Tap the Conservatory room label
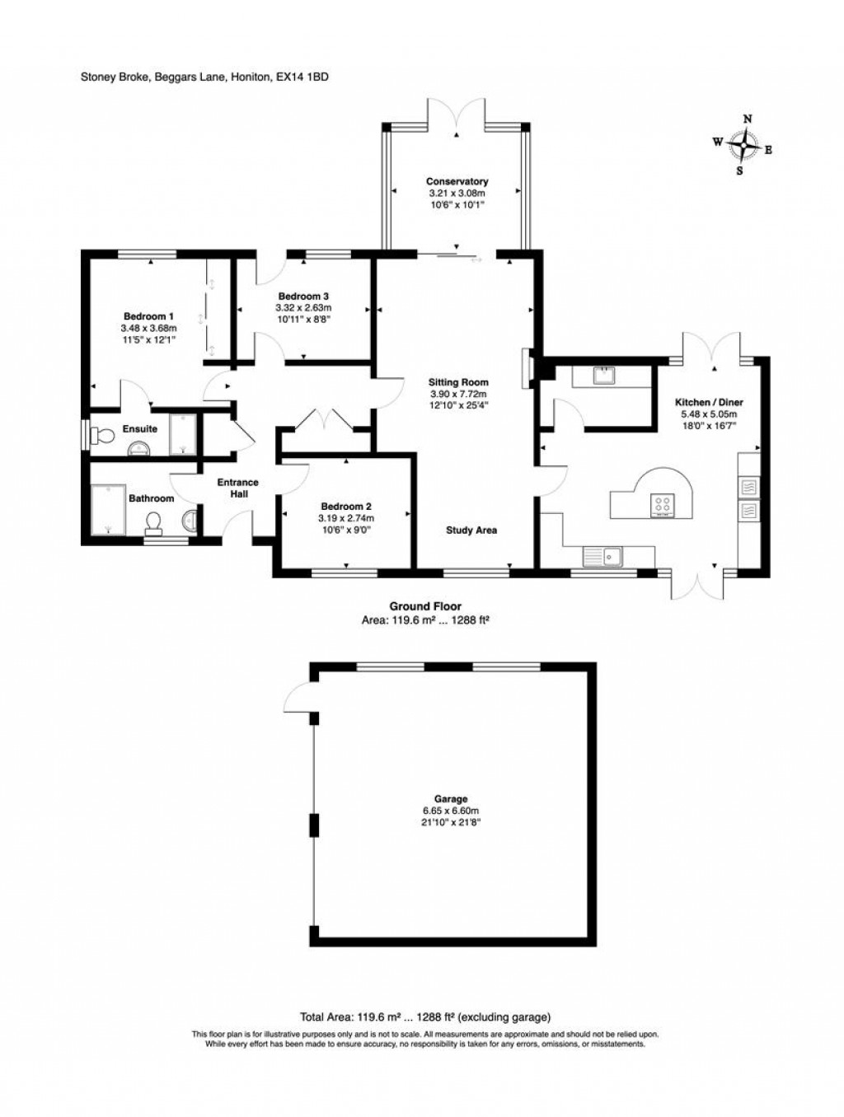pyautogui.click(x=457, y=181)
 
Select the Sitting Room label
pyautogui.click(x=458, y=382)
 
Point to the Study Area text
pyautogui.click(x=471, y=530)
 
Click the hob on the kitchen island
pyautogui.click(x=663, y=505)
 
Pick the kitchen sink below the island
pyautogui.click(x=604, y=557)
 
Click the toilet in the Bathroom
pyautogui.click(x=154, y=522)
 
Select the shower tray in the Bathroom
pyautogui.click(x=108, y=509)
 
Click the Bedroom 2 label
pyautogui.click(x=346, y=507)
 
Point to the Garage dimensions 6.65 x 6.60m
pyautogui.click(x=451, y=811)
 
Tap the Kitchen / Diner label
pyautogui.click(x=709, y=402)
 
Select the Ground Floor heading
pyautogui.click(x=425, y=606)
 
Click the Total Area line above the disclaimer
pyautogui.click(x=424, y=1017)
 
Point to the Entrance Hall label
pyautogui.click(x=237, y=488)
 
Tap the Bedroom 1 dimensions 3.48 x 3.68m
pyautogui.click(x=148, y=328)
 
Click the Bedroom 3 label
pyautogui.click(x=303, y=297)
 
